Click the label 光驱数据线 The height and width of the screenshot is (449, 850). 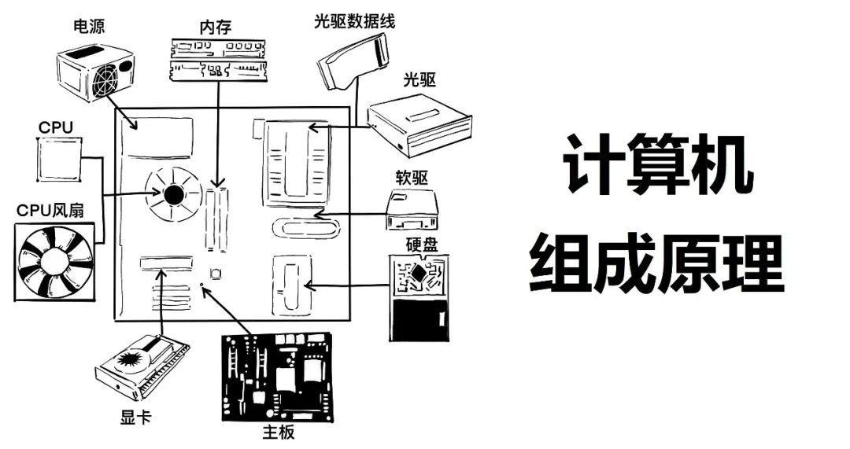click(x=353, y=21)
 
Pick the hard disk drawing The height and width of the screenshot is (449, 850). click(x=419, y=298)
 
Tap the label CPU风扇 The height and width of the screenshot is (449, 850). click(x=51, y=211)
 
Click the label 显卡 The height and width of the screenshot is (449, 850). click(x=135, y=417)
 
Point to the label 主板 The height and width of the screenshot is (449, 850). click(x=278, y=432)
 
